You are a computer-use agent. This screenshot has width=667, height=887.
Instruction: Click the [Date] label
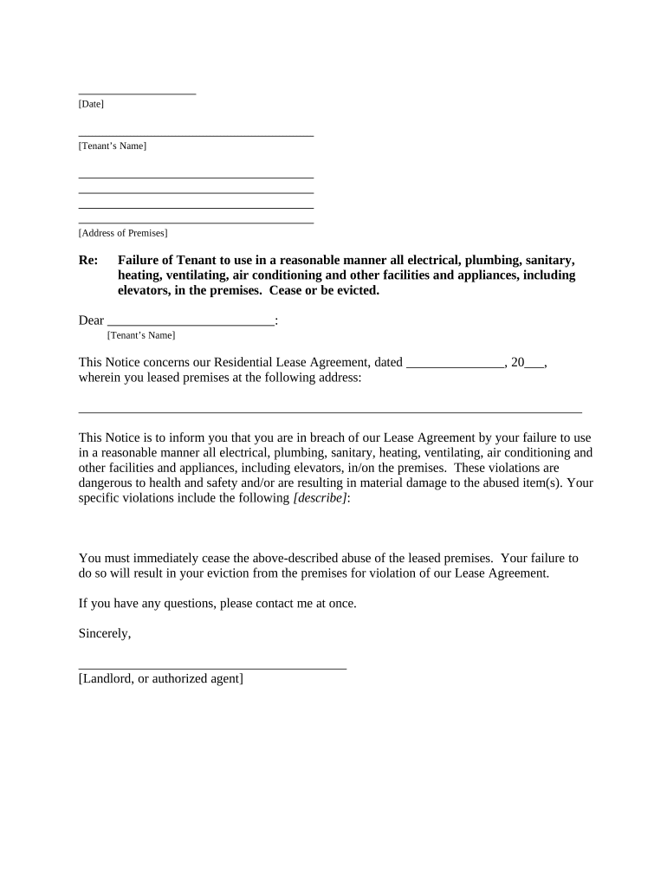(x=91, y=105)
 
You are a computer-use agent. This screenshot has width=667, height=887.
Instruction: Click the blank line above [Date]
(x=137, y=93)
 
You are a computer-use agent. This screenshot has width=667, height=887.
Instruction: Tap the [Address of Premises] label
(x=123, y=234)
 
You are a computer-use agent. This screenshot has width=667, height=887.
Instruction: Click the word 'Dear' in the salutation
(x=91, y=320)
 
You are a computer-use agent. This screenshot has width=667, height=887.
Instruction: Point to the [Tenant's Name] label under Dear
(x=140, y=335)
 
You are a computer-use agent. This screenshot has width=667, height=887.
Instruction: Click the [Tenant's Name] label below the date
(x=112, y=146)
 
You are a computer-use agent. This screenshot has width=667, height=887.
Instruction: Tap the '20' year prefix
(x=518, y=363)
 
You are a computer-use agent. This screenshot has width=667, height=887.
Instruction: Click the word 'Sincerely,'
(x=105, y=634)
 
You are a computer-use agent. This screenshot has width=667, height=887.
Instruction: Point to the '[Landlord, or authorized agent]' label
(x=160, y=679)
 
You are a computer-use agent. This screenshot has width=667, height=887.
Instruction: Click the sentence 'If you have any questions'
(x=217, y=604)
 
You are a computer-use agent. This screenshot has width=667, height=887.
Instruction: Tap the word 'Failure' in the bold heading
(x=140, y=260)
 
